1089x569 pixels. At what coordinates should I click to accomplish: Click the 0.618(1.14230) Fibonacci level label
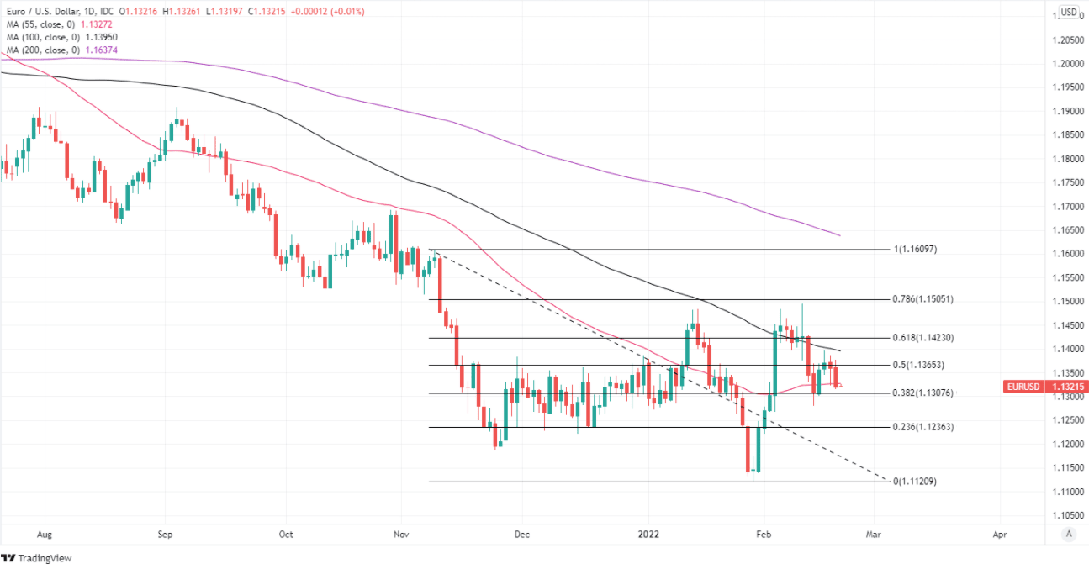click(x=923, y=338)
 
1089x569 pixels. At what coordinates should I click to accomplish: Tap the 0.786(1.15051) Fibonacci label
click(x=923, y=299)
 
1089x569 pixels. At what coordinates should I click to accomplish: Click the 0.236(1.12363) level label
click(x=923, y=427)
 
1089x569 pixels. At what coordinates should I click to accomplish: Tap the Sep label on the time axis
click(x=165, y=534)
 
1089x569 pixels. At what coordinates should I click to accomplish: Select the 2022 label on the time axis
click(x=648, y=534)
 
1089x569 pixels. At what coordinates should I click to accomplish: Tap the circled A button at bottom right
click(x=1068, y=534)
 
